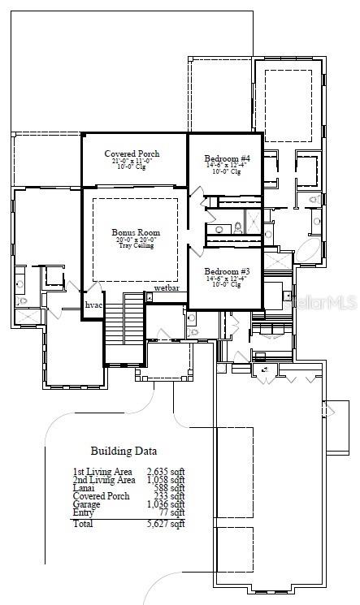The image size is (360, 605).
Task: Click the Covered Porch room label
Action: [x=132, y=153]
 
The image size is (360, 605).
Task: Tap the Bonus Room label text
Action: [x=136, y=233]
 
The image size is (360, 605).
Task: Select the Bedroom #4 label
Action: [x=227, y=158]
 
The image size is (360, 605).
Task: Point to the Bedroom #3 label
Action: [x=227, y=270]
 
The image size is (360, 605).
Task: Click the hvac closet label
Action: [x=93, y=305]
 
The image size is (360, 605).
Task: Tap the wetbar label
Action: [x=167, y=288]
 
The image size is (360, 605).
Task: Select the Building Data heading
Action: [x=124, y=451]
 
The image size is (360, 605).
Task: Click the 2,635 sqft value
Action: [x=166, y=471]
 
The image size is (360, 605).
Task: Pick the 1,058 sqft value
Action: [x=166, y=480]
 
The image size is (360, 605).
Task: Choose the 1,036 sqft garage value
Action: [x=166, y=504]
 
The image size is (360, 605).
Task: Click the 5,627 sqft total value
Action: [x=166, y=524]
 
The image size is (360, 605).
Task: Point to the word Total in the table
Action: [x=82, y=524]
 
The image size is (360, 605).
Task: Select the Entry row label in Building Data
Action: [x=83, y=512]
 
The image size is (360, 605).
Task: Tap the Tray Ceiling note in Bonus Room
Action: [x=136, y=246]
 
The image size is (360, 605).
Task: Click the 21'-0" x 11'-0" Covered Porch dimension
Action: [x=132, y=162]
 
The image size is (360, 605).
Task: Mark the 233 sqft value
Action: [x=171, y=496]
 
